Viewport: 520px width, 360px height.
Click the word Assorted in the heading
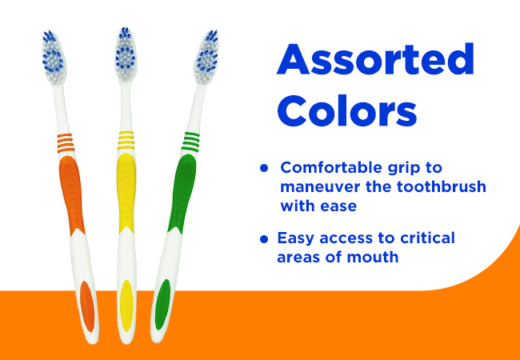point(375,59)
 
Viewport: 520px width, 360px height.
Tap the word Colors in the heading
point(347,110)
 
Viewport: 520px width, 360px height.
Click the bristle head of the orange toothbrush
point(54,58)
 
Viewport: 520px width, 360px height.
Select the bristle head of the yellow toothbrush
point(126,54)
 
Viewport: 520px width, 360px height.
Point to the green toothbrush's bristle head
point(206,57)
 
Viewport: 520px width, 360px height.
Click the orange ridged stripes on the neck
point(65,143)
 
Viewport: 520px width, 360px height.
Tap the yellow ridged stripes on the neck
point(126,140)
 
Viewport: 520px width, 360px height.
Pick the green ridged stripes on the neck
point(190,142)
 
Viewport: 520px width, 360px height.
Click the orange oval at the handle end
point(87,306)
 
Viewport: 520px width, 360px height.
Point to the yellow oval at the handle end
point(126,306)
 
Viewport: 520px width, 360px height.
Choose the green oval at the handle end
point(163,304)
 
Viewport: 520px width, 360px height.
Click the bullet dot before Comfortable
point(264,168)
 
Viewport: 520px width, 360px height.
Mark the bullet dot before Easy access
point(264,239)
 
